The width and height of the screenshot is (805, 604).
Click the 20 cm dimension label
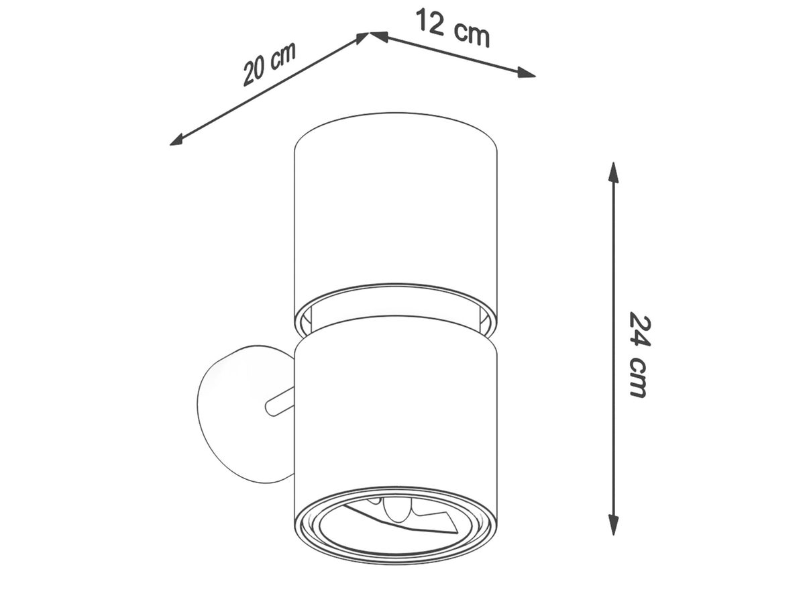pos(270,64)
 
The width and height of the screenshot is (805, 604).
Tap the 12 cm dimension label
pos(453,28)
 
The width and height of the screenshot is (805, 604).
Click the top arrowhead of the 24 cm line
pos(613,172)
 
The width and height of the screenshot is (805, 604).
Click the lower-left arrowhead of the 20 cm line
pos(177,140)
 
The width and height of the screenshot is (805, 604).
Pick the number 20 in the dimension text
pos(254,72)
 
